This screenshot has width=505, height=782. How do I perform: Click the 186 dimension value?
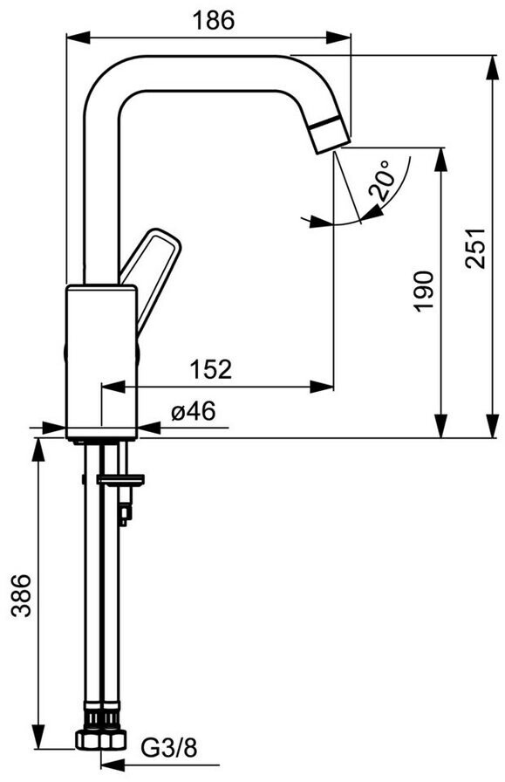[213, 20]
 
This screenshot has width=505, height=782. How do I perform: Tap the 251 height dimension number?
[475, 249]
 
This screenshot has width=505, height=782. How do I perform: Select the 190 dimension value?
[424, 292]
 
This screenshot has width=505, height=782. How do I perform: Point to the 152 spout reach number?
[211, 369]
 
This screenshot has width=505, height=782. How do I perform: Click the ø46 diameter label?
[194, 412]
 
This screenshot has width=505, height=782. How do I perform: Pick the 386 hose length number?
[22, 595]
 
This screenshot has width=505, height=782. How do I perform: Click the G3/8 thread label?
[170, 748]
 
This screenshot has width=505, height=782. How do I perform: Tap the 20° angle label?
[380, 180]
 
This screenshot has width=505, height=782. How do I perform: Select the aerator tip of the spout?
[330, 134]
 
